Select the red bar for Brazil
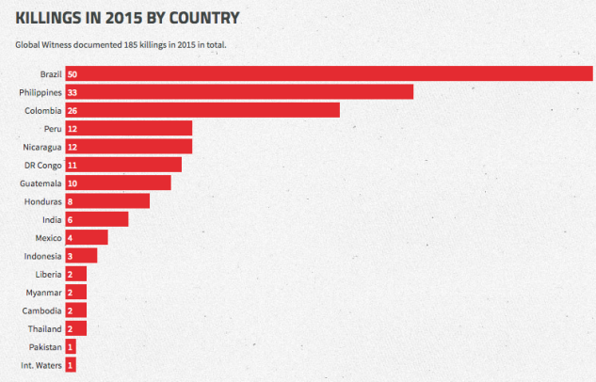coord(329,73)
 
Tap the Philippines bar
coord(239,92)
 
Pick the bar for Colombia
coord(202,110)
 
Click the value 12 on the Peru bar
coord(72,128)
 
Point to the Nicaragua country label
coord(42,147)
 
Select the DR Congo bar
coord(123,165)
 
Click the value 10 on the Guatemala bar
coord(72,183)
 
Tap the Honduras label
coord(43,201)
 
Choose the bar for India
coord(97,219)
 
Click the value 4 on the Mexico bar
coord(71,237)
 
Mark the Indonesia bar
coord(81,256)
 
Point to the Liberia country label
coord(47,274)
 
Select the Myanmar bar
coord(76,293)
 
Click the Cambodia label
coord(42,310)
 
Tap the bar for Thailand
coord(76,328)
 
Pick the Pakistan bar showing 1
coord(71,347)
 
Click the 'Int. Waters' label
coord(40,365)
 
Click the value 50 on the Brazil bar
coord(72,73)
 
